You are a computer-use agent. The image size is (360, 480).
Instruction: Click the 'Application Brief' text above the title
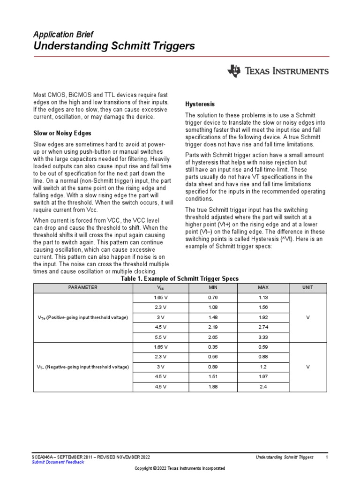pos(63,35)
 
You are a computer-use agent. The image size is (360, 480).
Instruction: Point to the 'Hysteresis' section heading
pos(201,104)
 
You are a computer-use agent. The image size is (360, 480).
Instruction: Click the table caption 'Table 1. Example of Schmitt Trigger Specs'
pos(180,278)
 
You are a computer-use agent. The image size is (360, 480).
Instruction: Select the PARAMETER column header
pos(82,287)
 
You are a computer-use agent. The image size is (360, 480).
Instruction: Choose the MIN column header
pos(213,287)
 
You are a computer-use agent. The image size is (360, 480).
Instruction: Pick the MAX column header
pos(263,287)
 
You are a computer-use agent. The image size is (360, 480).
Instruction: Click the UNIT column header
pos(307,287)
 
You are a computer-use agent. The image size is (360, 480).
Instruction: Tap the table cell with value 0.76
pos(213,298)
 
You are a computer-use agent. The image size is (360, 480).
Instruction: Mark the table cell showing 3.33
pos(263,337)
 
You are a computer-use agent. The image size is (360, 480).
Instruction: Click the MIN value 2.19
pos(213,327)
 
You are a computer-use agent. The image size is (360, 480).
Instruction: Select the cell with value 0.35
pos(213,347)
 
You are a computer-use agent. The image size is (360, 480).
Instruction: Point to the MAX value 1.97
pos(263,377)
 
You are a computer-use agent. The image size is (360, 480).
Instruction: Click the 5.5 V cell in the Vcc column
pos(160,337)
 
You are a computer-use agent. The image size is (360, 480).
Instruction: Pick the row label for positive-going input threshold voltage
pos(82,317)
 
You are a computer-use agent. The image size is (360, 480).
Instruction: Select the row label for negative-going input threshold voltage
pos(82,367)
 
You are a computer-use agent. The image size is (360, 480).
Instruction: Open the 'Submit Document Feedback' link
pos(58,462)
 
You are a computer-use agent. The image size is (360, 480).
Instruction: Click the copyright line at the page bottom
pos(180,468)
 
